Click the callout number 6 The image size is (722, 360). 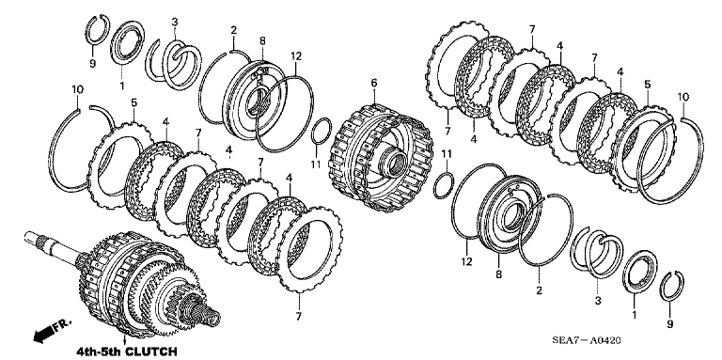pos(374,83)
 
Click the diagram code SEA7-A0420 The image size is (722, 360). pos(587,340)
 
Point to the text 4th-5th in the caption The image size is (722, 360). pos(98,352)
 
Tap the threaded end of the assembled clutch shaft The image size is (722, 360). pos(208,313)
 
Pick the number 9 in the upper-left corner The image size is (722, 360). pos(92,64)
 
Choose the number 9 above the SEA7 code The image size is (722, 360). pos(670,324)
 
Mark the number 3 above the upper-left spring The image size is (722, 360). pos(175,22)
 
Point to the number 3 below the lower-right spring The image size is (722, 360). pos(598,302)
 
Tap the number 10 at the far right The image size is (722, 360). pos(683,97)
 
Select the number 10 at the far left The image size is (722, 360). pos(77,89)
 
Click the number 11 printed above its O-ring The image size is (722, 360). pos(447,153)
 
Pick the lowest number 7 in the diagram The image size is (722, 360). pos(299,316)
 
